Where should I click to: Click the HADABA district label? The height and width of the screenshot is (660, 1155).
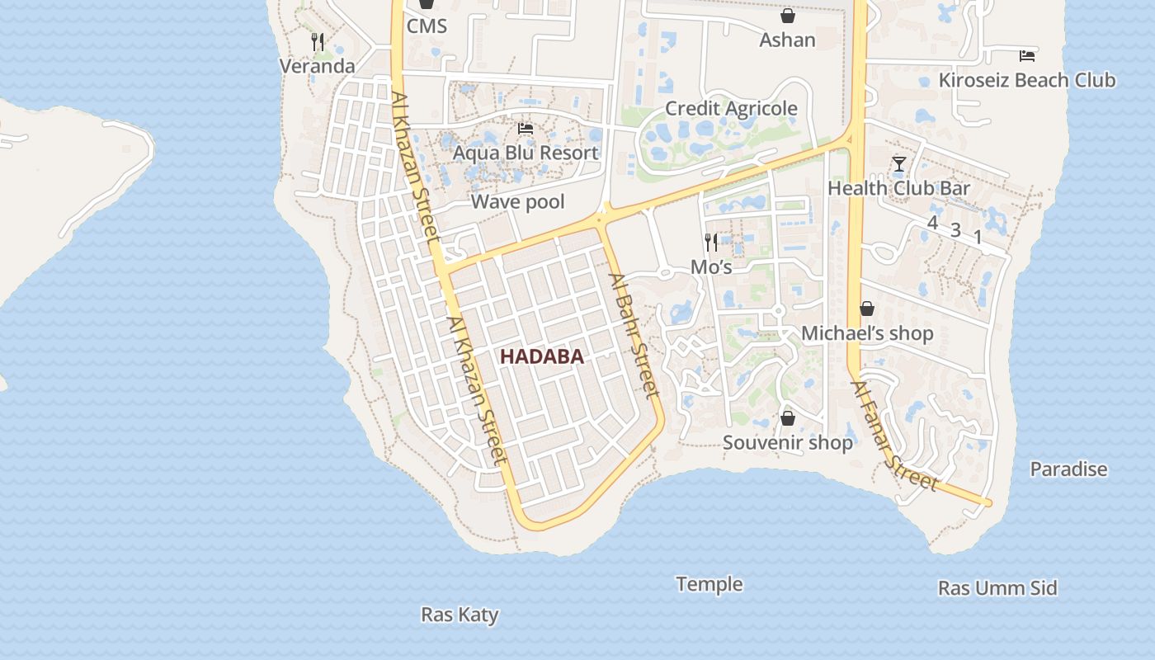coord(541,356)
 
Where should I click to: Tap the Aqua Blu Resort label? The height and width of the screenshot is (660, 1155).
coord(525,153)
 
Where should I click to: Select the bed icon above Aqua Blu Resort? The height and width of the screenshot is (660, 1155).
coord(525,129)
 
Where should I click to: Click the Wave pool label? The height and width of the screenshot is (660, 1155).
coord(517,201)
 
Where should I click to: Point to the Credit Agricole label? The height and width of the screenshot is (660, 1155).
coord(731,108)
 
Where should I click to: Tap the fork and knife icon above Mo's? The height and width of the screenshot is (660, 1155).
coord(711,242)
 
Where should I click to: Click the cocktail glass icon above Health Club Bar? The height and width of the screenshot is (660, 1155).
coord(898,164)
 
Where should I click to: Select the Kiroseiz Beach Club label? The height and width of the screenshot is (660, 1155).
coord(1027,80)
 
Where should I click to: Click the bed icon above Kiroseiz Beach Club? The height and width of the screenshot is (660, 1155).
coord(1026,56)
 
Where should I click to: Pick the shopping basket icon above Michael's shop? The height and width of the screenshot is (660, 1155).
coord(867,309)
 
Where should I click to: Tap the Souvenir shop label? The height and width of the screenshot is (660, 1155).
coord(788,442)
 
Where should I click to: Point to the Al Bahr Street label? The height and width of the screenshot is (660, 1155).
coord(634,332)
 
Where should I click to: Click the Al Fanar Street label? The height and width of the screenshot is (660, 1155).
coord(895,435)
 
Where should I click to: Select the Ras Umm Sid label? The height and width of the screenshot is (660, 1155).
coord(997,588)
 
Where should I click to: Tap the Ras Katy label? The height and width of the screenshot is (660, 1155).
coord(460,615)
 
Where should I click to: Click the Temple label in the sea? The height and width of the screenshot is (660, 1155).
coord(709,584)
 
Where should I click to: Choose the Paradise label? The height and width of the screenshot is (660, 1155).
coord(1068,469)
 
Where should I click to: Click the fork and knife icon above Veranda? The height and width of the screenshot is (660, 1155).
coord(317,41)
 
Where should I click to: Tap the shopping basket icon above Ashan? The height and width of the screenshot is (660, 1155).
coord(788,16)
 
